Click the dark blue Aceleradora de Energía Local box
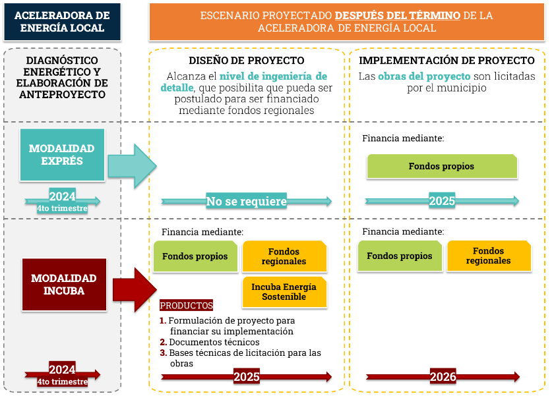coord(62,22)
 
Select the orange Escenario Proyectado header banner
coord(347,22)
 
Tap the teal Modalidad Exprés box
coord(62,154)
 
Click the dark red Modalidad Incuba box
coord(62,284)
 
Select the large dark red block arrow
coord(135,289)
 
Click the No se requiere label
coord(246,201)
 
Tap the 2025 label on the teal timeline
coord(442,201)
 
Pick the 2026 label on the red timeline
coord(443,377)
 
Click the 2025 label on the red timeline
coord(246,377)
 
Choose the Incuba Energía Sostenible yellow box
coord(284,292)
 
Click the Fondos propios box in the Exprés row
coord(441,166)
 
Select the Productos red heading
coord(187,306)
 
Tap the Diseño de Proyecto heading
coord(247,61)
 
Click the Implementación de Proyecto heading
coord(446,61)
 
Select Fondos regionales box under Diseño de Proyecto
coord(284,256)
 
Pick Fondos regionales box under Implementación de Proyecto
coord(488,256)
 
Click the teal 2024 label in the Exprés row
coord(62,196)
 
